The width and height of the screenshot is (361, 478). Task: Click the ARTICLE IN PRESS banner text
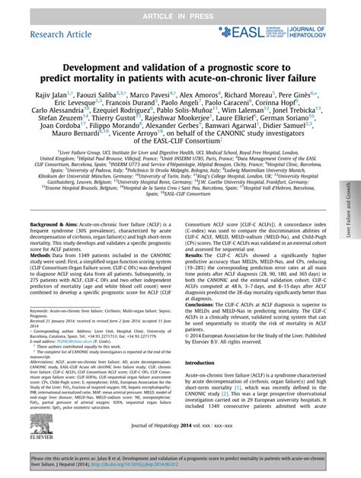(x=180, y=8)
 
